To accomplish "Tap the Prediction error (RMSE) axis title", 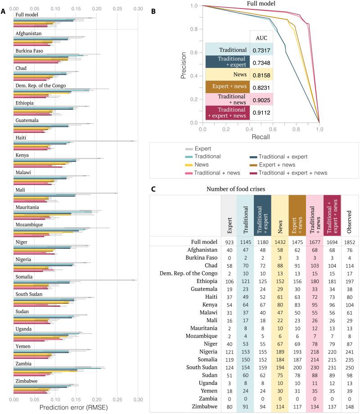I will pyautogui.click(x=75, y=407).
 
